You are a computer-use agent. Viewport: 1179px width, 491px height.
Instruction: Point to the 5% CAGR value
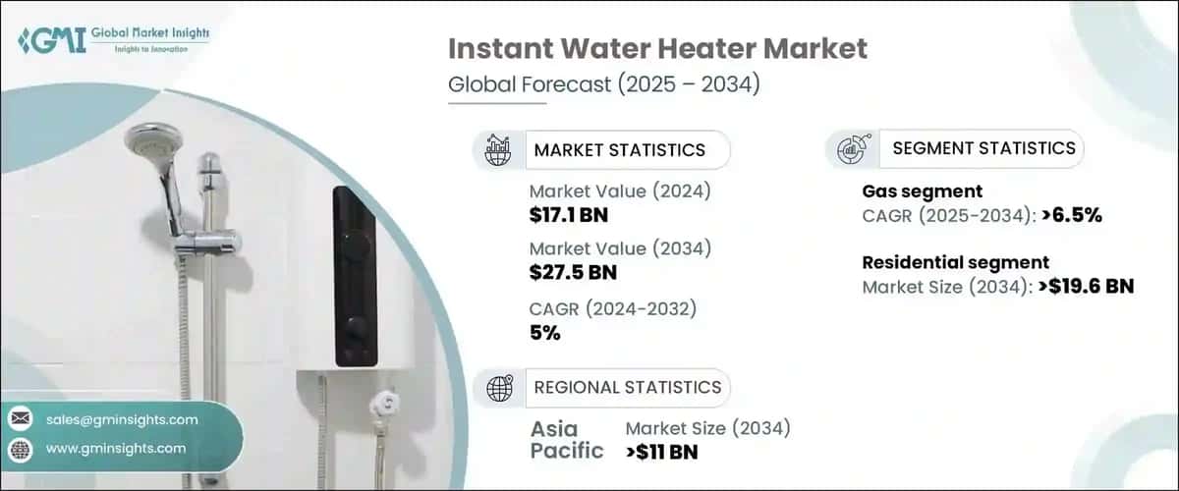coord(544,333)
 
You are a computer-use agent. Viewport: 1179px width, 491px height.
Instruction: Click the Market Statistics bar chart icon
coord(499,150)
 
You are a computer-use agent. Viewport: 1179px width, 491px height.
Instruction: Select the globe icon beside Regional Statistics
coord(499,387)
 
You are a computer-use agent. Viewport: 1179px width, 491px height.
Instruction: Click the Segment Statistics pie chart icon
coord(851,149)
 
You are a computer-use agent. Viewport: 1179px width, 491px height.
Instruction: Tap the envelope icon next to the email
coord(21,419)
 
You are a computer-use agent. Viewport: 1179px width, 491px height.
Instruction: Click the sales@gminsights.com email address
coord(122,419)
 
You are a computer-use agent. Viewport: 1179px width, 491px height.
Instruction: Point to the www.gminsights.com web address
coord(116,448)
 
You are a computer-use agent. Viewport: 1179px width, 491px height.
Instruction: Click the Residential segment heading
coord(955,262)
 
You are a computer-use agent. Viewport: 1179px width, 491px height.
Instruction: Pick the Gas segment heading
coord(922,191)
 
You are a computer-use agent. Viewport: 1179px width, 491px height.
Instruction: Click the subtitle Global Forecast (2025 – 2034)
coord(603,85)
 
